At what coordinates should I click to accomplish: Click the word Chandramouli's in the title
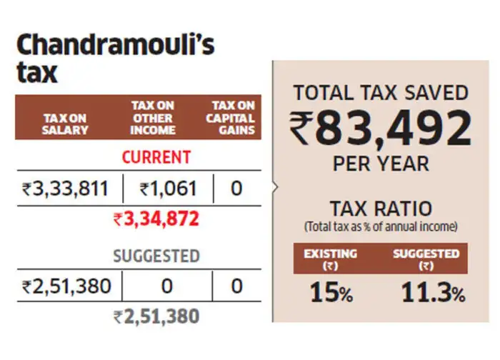click(x=116, y=45)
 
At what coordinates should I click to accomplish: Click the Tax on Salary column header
click(x=65, y=124)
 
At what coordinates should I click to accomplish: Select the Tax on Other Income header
click(x=153, y=118)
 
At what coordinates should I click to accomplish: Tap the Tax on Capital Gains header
click(x=231, y=118)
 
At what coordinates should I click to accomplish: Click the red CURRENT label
click(x=156, y=157)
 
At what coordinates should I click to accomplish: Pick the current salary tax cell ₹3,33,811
click(x=65, y=189)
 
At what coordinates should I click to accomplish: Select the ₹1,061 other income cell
click(x=168, y=189)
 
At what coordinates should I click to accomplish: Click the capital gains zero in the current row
click(x=236, y=189)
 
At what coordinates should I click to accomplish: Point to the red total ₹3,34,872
click(x=156, y=219)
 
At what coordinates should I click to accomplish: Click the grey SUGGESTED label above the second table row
click(x=156, y=256)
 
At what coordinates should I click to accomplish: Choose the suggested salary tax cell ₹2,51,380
click(x=66, y=286)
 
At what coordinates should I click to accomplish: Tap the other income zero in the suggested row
click(x=166, y=286)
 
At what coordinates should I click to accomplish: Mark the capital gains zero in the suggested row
click(x=236, y=286)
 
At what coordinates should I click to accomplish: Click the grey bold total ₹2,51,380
click(x=156, y=316)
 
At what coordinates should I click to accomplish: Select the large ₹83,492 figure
click(x=381, y=128)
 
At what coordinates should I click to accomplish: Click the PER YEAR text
click(x=381, y=164)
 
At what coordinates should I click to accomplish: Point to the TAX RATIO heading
click(x=381, y=209)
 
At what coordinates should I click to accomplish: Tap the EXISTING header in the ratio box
click(x=330, y=254)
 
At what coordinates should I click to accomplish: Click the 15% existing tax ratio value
click(x=331, y=292)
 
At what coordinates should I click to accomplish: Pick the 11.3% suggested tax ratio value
click(x=433, y=292)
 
